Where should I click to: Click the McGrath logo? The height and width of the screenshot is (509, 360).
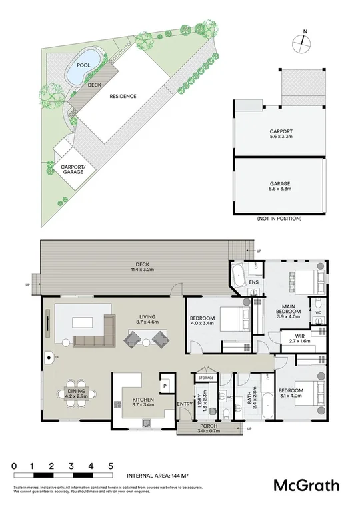click(x=307, y=485)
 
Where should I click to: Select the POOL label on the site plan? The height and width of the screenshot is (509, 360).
click(x=83, y=65)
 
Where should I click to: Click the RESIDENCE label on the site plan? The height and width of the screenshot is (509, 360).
click(x=123, y=96)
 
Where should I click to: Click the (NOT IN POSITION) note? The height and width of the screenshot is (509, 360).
click(x=279, y=219)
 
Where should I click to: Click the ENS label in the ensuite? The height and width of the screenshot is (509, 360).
click(x=253, y=282)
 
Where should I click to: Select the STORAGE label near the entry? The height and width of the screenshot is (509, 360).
click(x=205, y=378)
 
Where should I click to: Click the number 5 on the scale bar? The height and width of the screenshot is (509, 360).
click(x=111, y=466)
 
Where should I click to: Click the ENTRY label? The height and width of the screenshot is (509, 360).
click(x=184, y=404)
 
